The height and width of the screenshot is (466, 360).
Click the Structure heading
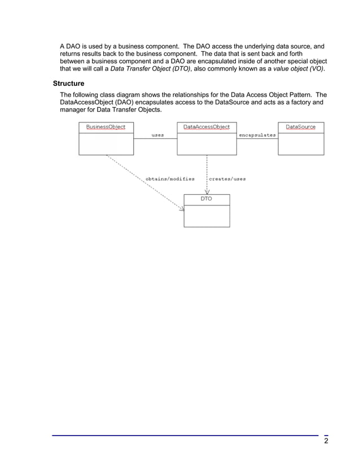click(x=68, y=83)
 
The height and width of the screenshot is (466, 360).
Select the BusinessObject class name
click(x=106, y=127)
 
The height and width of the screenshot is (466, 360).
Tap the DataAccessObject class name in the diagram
click(x=207, y=127)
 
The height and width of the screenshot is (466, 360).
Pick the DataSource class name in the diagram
click(x=301, y=127)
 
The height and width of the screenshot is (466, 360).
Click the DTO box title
click(x=207, y=199)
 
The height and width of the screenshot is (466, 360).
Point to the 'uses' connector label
click(x=158, y=135)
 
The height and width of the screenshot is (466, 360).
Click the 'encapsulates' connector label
click(x=257, y=135)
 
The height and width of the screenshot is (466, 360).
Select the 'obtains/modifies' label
click(x=170, y=179)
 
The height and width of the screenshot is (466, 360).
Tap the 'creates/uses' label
click(x=227, y=179)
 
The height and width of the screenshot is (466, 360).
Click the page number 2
click(x=326, y=441)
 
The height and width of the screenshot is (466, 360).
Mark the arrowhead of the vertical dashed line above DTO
click(x=207, y=191)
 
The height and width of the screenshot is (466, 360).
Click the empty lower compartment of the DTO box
click(x=207, y=216)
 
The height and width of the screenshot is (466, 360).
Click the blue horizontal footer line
click(x=186, y=435)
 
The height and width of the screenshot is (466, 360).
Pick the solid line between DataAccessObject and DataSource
click(x=257, y=139)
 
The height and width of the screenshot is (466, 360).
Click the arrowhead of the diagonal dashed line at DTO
click(x=182, y=209)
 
